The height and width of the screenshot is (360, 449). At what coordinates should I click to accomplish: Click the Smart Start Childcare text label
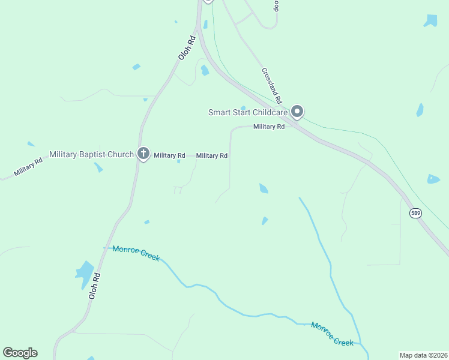[x=247, y=112]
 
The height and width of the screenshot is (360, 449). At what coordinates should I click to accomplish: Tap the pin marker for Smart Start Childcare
[x=297, y=112]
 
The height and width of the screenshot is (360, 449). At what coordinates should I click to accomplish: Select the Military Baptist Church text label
[x=91, y=155]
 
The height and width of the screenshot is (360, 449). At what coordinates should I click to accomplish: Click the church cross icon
[x=143, y=154]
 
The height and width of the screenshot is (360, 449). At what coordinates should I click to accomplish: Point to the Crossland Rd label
[x=272, y=85]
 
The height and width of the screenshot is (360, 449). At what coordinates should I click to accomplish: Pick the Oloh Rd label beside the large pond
[x=94, y=286]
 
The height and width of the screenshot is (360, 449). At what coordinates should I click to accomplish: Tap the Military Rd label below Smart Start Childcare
[x=268, y=127]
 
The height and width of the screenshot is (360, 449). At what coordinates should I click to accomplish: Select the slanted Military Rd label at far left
[x=28, y=166]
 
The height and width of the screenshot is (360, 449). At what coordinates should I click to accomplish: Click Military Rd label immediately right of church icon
[x=169, y=155]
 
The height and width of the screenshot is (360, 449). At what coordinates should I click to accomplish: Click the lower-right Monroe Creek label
[x=332, y=334]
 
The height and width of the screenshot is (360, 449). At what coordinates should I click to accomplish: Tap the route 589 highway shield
[x=415, y=213]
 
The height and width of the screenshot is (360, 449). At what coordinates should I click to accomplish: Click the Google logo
[x=20, y=352]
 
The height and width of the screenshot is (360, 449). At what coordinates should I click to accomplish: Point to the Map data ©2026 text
[x=423, y=355]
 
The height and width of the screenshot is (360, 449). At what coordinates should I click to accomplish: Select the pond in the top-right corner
[x=430, y=20]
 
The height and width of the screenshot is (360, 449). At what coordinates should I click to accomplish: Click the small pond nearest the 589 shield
[x=433, y=179]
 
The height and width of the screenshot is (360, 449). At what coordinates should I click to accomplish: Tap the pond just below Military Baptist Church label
[x=98, y=167]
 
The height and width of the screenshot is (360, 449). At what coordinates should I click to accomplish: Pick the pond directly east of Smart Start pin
[x=420, y=110]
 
